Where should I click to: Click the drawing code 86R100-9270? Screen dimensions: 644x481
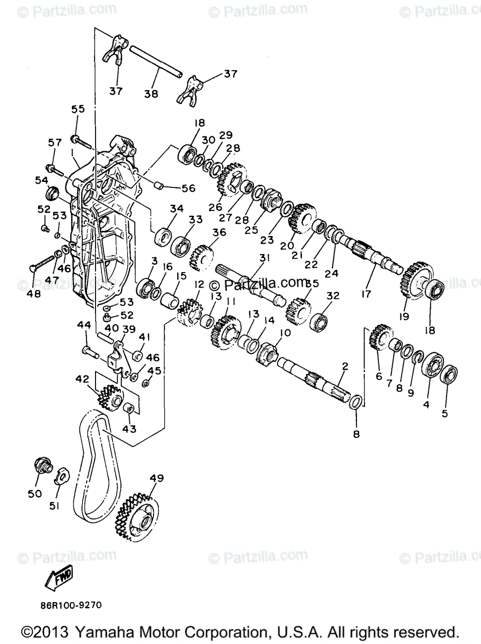70,605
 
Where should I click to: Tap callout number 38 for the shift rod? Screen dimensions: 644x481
151,93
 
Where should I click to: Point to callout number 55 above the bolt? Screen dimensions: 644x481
78,108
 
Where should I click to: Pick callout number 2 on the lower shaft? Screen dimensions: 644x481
345,367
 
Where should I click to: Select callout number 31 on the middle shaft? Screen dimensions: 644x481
263,258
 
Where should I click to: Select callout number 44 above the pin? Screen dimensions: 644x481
83,325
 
